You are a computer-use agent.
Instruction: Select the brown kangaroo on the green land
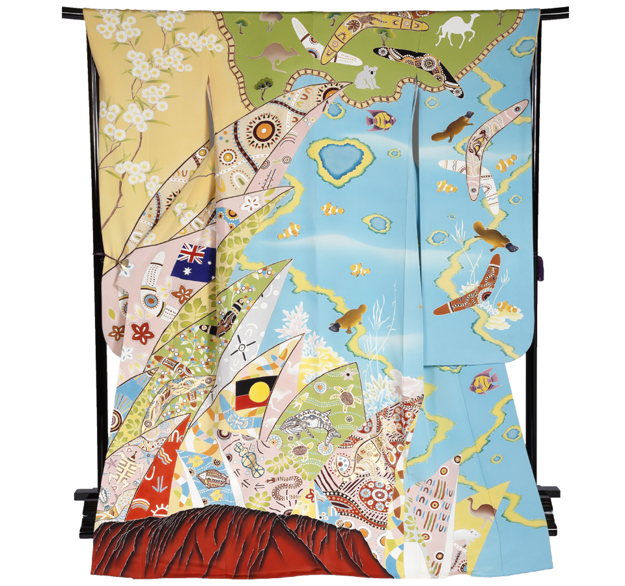pyautogui.click(x=273, y=55)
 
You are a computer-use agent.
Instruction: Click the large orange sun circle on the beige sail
pyautogui.click(x=264, y=129)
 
